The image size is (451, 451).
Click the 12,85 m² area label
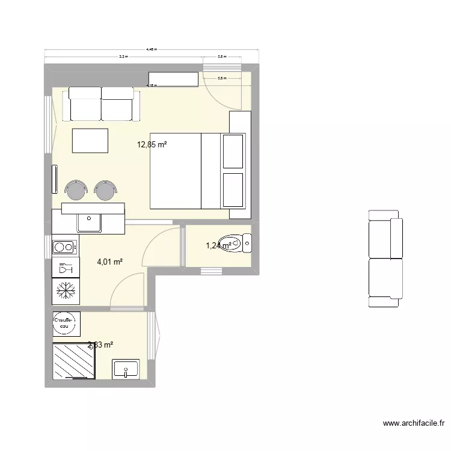coord(152,144)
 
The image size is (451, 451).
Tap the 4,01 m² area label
coord(110,262)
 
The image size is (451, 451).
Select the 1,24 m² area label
coord(218,245)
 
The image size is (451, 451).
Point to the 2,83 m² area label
coord(100,345)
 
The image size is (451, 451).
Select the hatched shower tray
coord(75,361)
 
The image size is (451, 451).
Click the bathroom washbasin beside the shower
coord(126,369)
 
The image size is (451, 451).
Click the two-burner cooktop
coord(64,246)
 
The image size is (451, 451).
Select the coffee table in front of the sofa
coord(90,141)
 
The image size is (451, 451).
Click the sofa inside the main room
coord(101,103)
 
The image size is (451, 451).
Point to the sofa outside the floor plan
coord(384,259)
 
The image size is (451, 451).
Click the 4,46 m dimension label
coord(152,50)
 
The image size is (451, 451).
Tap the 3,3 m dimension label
coord(123,57)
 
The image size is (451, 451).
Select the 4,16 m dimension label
coord(152,85)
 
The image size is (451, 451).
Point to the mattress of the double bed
coord(175,171)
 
